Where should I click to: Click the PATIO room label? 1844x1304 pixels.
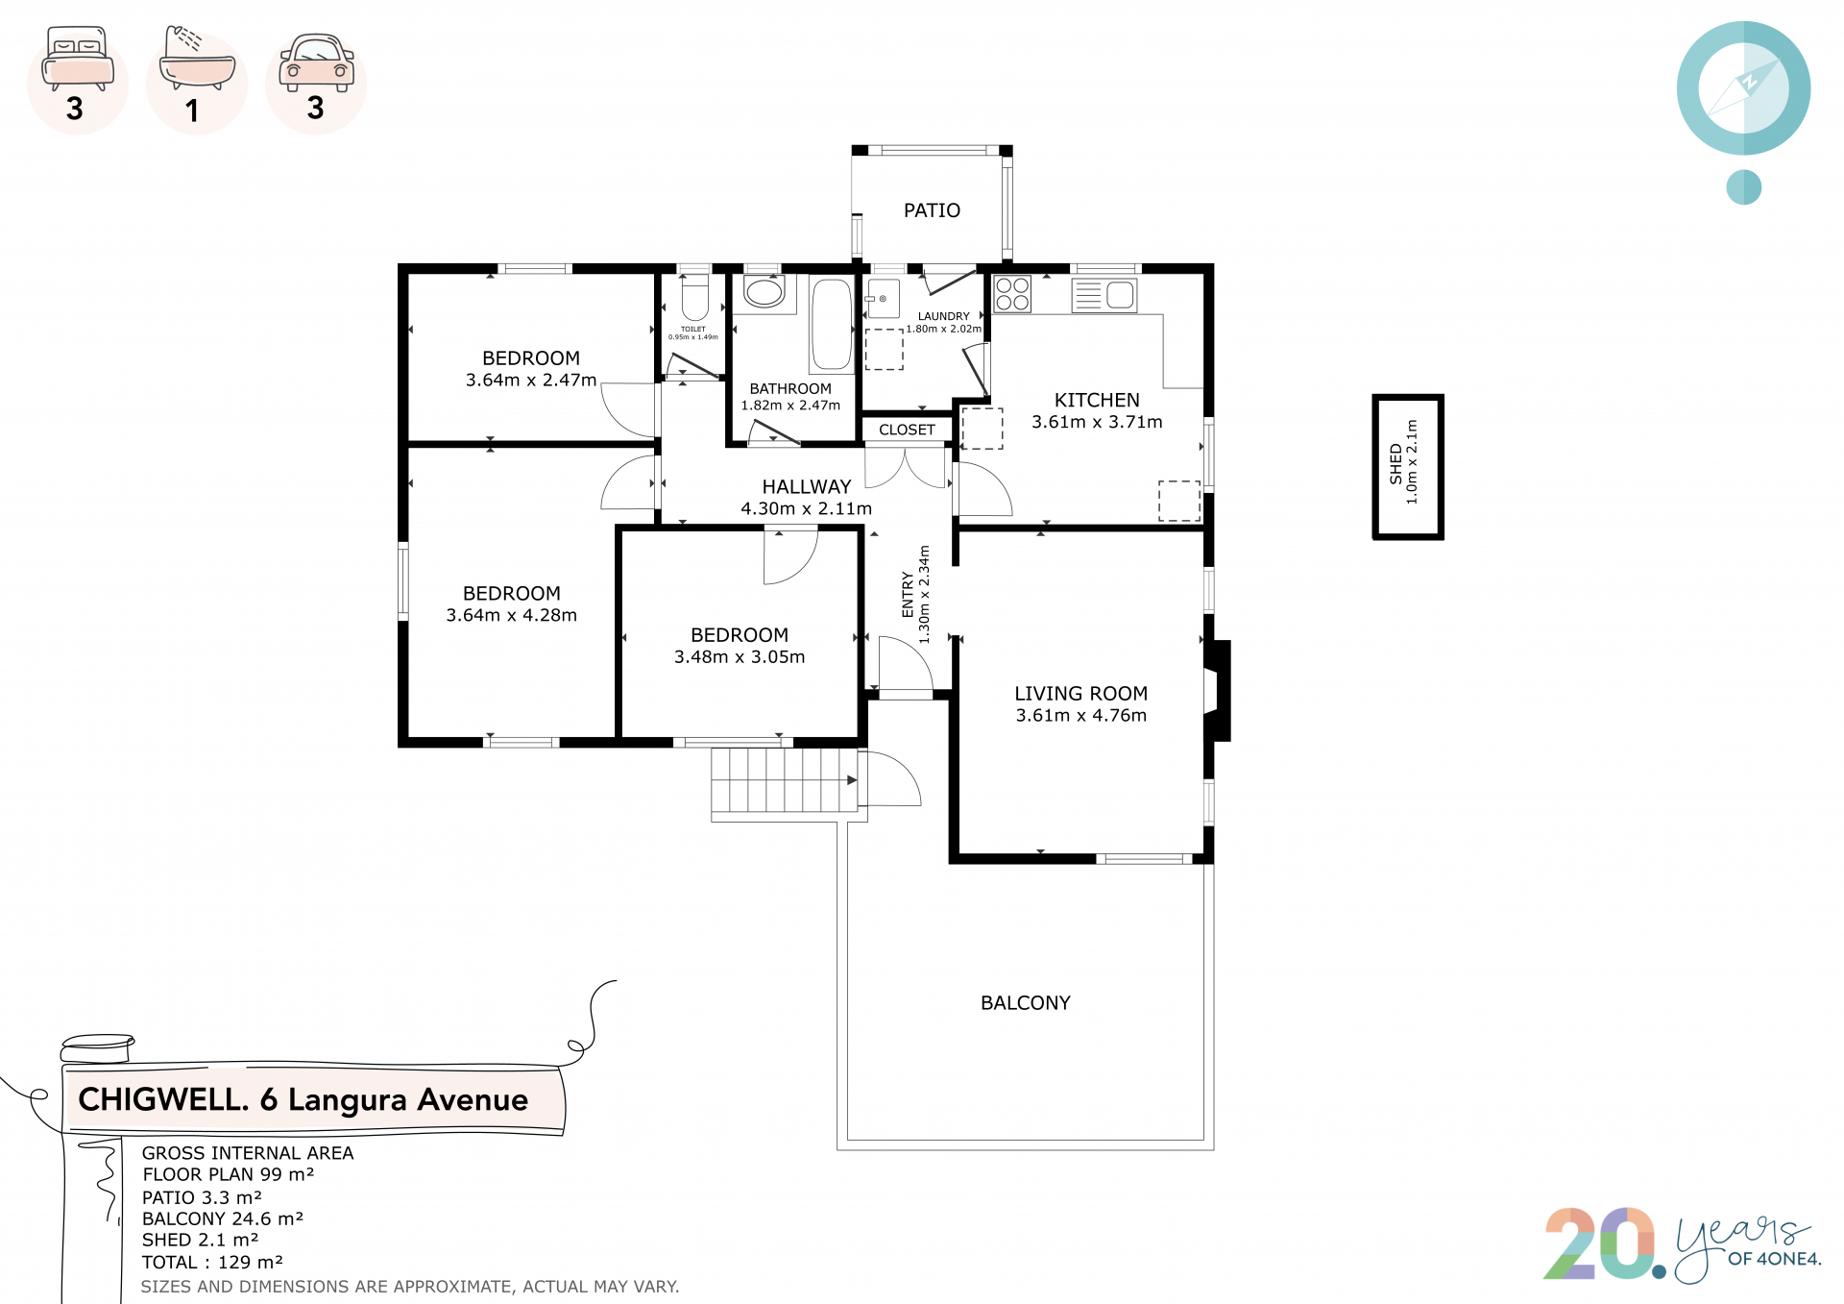pos(932,210)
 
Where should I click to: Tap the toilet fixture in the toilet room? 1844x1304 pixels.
pos(694,298)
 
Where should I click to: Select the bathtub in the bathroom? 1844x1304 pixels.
pos(831,324)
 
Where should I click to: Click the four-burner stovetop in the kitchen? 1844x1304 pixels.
pos(1012,294)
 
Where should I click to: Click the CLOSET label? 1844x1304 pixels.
pos(907,430)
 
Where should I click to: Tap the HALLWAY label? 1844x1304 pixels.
pos(807,487)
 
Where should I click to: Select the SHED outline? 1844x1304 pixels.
pos(1408,467)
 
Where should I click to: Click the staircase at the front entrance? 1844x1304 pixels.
pos(785,780)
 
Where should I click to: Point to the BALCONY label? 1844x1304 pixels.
pos(1026,1003)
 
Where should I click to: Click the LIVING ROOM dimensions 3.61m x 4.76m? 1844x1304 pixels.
pos(1081,715)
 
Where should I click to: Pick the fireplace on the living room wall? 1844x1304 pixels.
pos(1218,690)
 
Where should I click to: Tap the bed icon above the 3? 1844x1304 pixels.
pos(78,61)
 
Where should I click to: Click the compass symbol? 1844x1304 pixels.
pos(1744,89)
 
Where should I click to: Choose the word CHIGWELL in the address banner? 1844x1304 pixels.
pos(163,1099)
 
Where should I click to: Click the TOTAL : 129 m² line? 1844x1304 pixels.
pos(212,1262)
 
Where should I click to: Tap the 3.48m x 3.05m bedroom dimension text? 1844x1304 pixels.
pos(740,657)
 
